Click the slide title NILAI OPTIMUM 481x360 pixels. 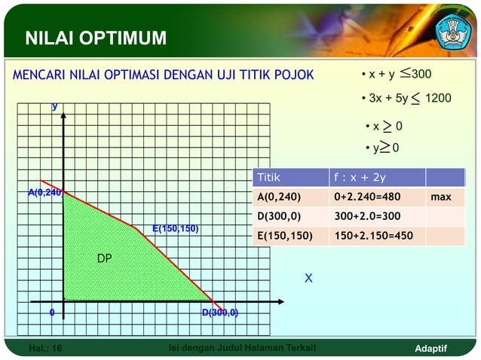(96, 38)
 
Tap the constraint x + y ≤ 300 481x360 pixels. (396, 75)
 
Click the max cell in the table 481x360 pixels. (440, 198)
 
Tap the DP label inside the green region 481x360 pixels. (104, 258)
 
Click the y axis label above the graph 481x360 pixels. (54, 106)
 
